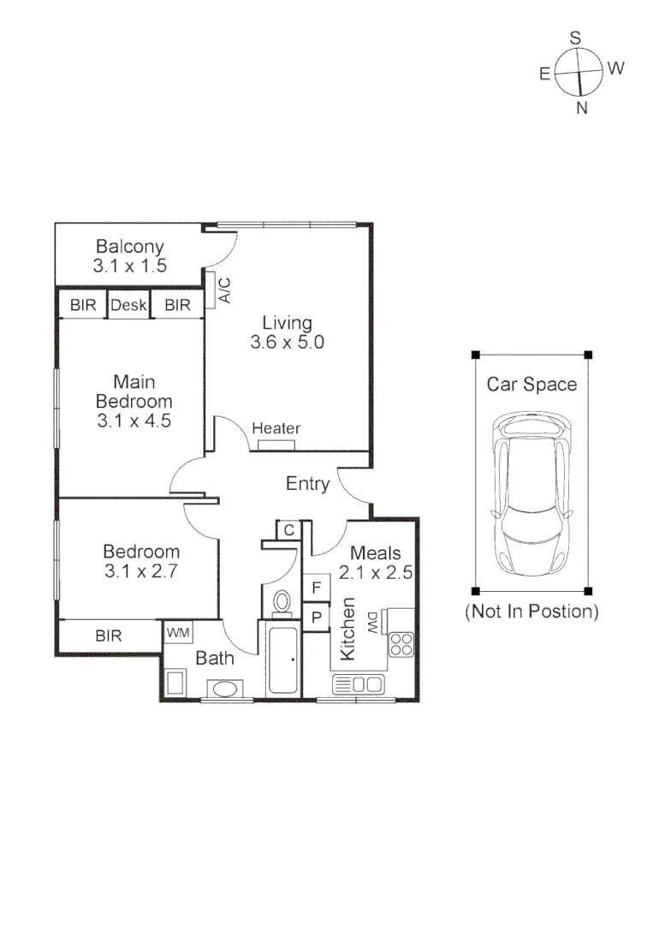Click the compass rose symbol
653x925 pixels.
[579, 72]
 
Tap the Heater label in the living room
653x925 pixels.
[276, 428]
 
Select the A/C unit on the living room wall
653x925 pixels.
[211, 290]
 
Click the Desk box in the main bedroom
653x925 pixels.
[129, 305]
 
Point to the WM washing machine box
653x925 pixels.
[178, 632]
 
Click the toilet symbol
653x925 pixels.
[280, 603]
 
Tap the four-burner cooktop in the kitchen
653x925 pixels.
[400, 644]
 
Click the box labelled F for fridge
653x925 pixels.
[317, 588]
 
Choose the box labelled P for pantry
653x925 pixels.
[317, 617]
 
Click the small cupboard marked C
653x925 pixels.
[288, 530]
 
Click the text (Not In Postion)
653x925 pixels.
[531, 612]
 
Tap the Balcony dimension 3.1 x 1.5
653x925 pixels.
[130, 266]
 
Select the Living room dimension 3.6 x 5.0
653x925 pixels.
[287, 343]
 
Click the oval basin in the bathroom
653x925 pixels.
[225, 688]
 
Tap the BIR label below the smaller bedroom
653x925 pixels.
[109, 636]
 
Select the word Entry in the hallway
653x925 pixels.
[307, 484]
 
